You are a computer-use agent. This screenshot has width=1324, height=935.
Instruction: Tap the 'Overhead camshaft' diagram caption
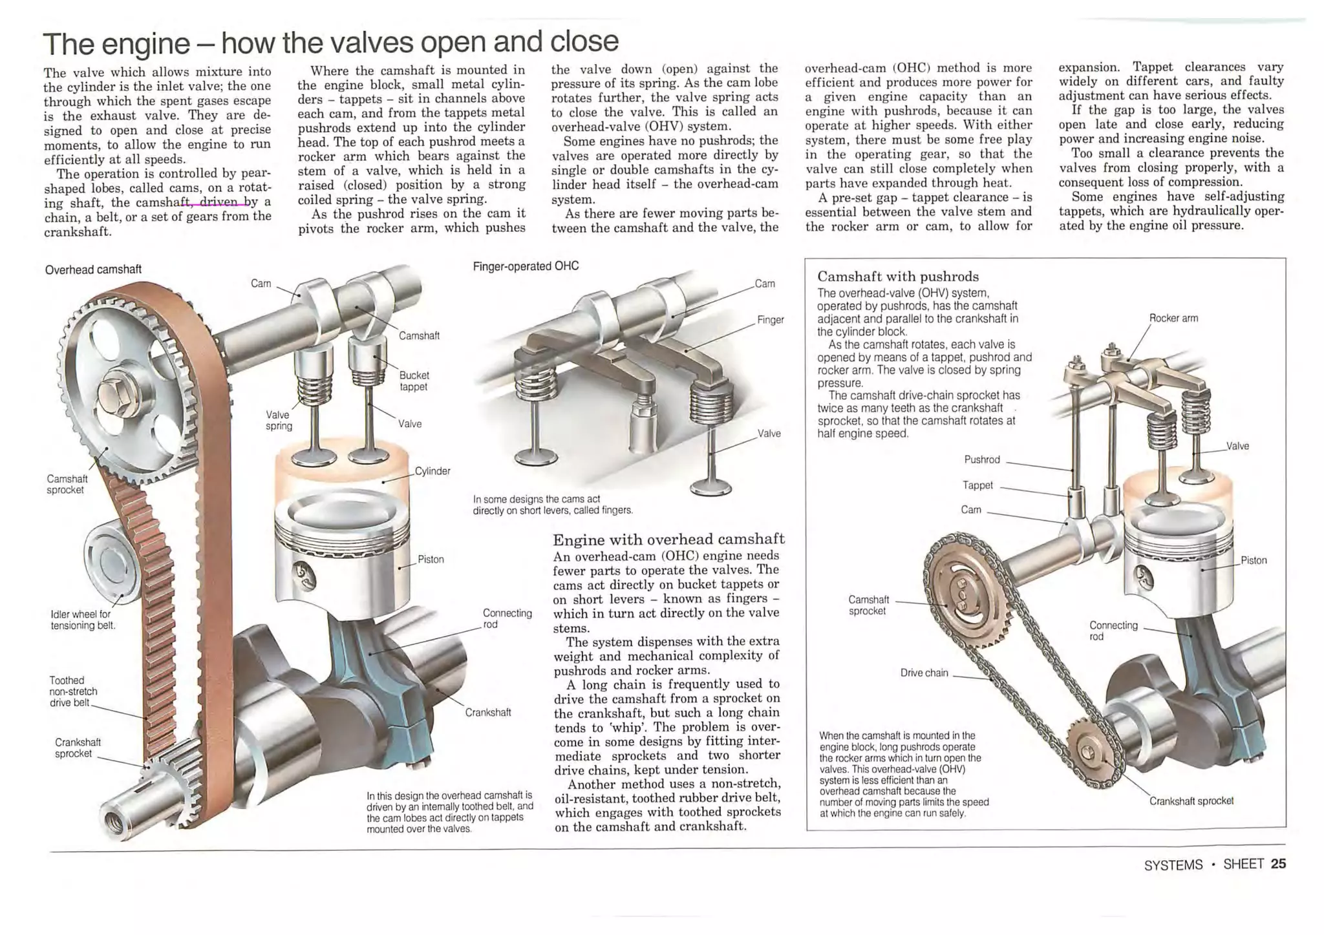(x=93, y=269)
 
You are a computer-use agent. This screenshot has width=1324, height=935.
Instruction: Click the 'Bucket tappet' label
(x=414, y=381)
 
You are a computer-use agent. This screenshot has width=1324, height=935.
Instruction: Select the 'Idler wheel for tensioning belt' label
(x=83, y=620)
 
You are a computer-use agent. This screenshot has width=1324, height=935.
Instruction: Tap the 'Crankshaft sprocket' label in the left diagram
(x=78, y=748)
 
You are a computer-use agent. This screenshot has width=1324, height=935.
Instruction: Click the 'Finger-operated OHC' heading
(x=526, y=266)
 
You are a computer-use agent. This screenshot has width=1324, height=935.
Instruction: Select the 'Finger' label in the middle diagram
(x=770, y=320)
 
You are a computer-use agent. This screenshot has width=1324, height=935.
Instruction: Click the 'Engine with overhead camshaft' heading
(x=668, y=540)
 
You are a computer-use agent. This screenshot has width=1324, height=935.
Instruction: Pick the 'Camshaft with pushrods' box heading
(x=897, y=277)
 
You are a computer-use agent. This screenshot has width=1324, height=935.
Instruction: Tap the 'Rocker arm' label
(x=1173, y=318)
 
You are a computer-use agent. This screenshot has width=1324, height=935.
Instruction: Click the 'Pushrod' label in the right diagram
(x=981, y=459)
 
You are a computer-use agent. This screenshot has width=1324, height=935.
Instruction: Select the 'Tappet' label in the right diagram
(x=977, y=485)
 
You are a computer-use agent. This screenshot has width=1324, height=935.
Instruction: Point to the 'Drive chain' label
(x=924, y=673)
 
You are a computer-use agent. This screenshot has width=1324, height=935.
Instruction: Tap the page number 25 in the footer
(x=1278, y=864)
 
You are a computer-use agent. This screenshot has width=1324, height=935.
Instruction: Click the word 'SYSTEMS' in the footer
(x=1173, y=865)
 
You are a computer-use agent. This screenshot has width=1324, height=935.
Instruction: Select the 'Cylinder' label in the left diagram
(x=432, y=471)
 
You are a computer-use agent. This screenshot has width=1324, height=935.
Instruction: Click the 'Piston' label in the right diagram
(x=1253, y=560)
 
